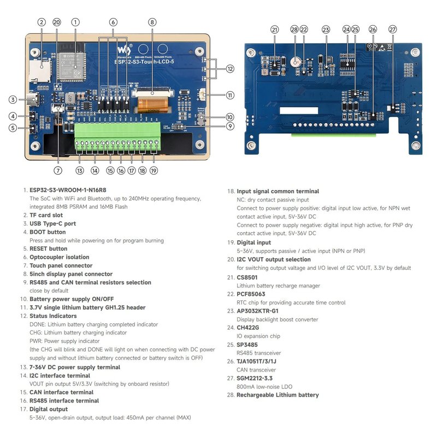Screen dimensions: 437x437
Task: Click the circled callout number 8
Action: tap(152, 22)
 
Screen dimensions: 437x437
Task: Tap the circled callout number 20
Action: tap(57, 22)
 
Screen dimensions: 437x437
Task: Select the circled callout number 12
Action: tap(230, 69)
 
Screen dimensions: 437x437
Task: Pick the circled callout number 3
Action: tap(12, 99)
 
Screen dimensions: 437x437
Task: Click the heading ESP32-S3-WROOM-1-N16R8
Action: tap(68, 190)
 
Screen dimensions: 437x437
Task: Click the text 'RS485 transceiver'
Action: tap(261, 353)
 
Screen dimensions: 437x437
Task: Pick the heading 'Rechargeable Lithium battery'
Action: tap(277, 395)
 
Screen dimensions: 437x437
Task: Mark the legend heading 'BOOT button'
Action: tap(48, 232)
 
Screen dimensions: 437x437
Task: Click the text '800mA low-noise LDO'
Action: tap(265, 387)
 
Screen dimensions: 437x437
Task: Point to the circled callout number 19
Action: tap(153, 171)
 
